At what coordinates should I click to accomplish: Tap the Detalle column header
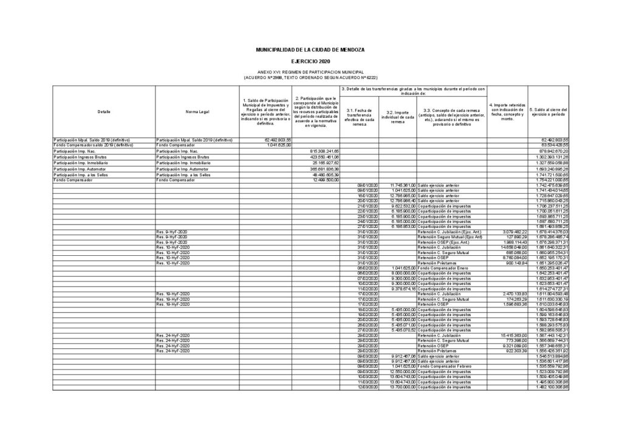[x=104, y=111]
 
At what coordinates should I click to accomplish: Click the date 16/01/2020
[x=367, y=195]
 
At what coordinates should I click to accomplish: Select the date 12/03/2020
[x=367, y=387]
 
